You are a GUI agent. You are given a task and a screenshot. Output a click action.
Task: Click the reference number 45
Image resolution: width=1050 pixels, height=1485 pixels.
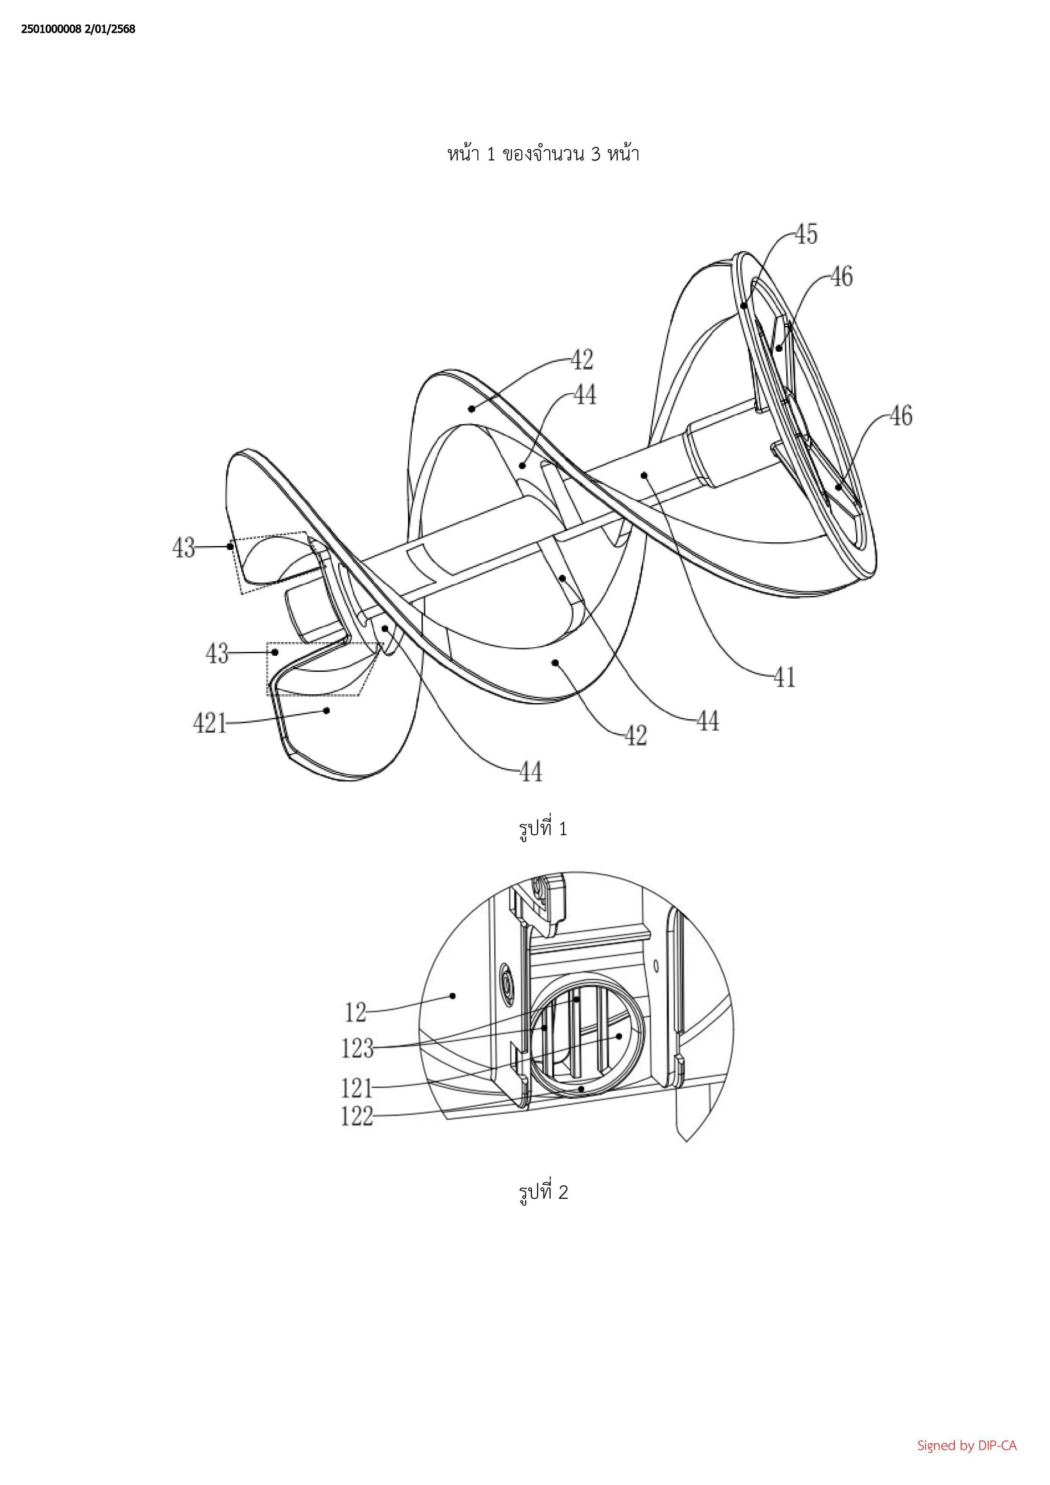[x=806, y=234]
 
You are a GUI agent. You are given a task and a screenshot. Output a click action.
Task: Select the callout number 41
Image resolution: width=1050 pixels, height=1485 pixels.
[x=785, y=678]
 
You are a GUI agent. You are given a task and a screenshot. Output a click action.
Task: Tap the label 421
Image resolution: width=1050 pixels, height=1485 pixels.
[x=210, y=723]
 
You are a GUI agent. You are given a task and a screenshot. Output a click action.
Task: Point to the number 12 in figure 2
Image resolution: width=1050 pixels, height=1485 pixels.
[x=356, y=1012]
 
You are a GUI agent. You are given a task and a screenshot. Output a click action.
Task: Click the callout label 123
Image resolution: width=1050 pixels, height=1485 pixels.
[x=358, y=1049]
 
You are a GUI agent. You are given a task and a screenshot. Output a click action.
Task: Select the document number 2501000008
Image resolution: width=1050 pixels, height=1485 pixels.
[x=51, y=29]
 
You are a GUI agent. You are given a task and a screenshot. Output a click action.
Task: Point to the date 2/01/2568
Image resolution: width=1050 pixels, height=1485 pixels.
[x=110, y=29]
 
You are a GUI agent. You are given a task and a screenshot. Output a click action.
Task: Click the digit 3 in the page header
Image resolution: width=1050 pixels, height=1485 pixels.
[x=594, y=155]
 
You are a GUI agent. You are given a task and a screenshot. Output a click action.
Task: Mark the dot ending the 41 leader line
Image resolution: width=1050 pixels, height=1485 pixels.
[x=644, y=475]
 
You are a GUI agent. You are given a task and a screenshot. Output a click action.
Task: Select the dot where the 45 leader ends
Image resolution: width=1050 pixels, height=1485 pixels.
[x=744, y=305]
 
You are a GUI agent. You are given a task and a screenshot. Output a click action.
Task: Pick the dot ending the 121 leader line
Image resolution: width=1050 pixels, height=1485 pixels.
[x=619, y=1035]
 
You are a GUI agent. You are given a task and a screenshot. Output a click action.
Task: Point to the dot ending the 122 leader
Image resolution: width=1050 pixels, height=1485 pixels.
[x=582, y=1089]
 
